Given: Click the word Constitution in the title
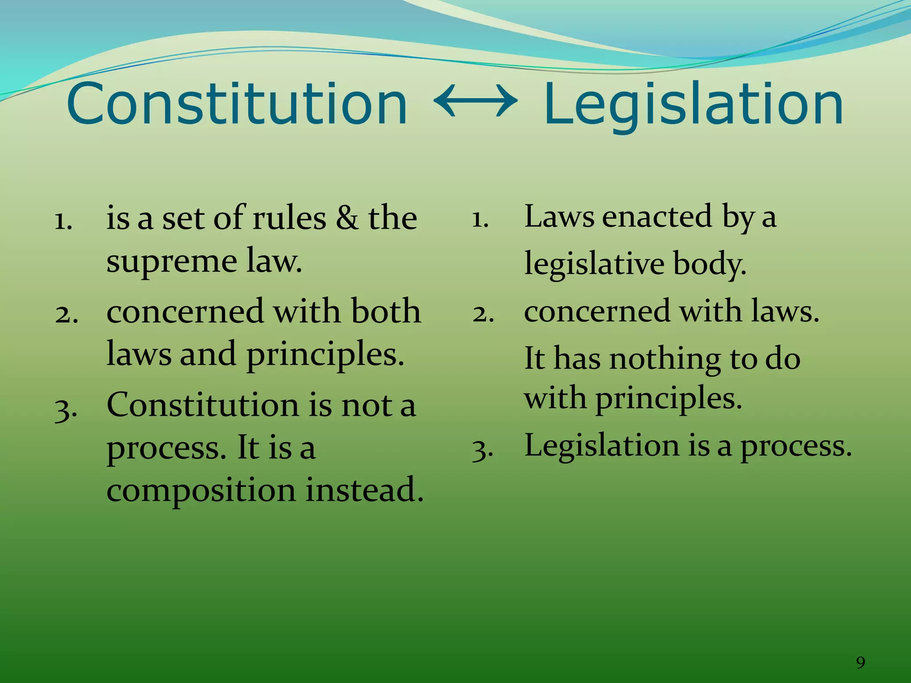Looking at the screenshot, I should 237,104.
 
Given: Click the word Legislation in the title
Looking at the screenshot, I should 693,106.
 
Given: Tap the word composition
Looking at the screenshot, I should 201,490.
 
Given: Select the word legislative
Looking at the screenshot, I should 594,264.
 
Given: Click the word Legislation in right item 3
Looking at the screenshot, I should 601,446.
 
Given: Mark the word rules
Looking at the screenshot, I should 289,219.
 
